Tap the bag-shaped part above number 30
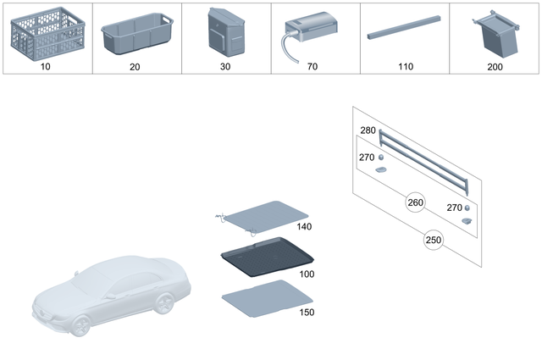pos(225,33)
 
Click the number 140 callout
pos(305,227)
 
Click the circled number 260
pos(415,202)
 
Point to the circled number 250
pos(433,241)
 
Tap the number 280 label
pos(368,130)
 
